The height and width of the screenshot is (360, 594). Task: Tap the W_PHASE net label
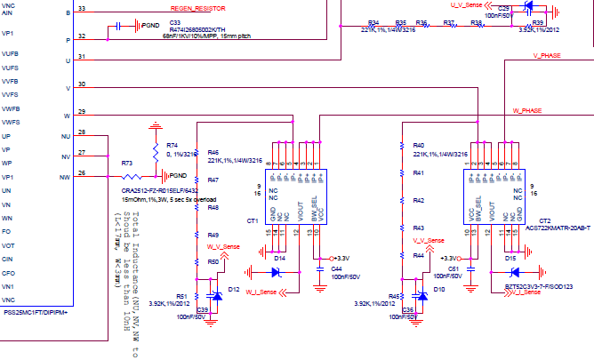[528, 111]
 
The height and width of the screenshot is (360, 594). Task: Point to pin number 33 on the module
[82, 9]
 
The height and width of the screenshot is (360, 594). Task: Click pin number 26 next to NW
[82, 172]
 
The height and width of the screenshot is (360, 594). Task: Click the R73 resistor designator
[126, 164]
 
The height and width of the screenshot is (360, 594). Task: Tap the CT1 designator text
[253, 220]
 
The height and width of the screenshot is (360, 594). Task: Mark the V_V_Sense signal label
[427, 241]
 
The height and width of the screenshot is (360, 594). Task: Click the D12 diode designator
[233, 290]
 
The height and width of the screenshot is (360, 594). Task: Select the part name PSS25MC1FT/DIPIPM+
[36, 314]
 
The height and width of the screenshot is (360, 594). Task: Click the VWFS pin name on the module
[11, 121]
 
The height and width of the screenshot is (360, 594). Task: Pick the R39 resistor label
[538, 24]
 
